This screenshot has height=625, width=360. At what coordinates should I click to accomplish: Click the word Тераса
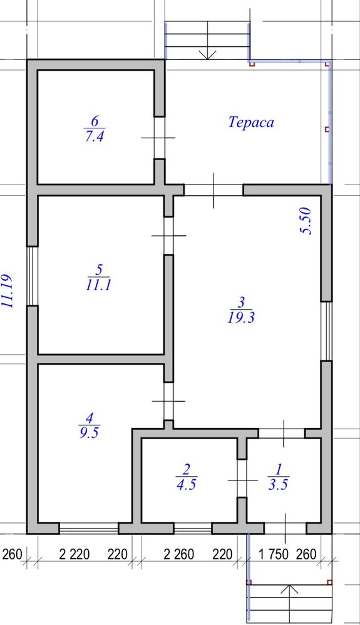251,122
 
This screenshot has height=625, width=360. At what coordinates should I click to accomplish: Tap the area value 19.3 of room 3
241,318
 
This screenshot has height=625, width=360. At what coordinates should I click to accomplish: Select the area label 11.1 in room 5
98,285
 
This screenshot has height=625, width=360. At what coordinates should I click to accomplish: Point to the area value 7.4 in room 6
95,137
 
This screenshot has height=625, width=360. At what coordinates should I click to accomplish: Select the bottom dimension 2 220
75,554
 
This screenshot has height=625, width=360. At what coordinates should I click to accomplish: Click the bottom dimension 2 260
179,554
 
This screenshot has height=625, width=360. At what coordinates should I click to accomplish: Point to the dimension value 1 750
274,554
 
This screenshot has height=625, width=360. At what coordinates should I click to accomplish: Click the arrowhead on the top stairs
207,55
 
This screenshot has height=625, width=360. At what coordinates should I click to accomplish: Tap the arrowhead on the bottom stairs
289,589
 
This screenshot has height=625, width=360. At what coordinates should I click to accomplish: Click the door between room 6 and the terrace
160,138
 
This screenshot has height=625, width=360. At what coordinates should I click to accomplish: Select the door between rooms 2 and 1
242,480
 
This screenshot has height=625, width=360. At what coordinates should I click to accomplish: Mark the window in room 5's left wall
33,276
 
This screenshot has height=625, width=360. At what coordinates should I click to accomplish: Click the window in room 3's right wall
327,331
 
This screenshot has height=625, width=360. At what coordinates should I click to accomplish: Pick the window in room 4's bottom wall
88,528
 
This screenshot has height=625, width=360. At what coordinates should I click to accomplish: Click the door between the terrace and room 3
213,190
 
